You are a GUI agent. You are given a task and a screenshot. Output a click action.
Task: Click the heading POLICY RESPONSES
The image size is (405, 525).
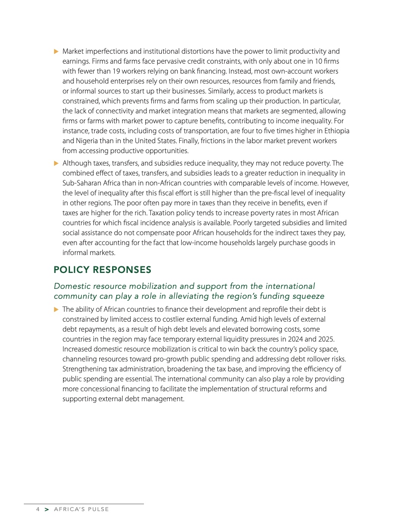102,270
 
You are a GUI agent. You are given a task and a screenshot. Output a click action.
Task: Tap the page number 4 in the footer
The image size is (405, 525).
37,510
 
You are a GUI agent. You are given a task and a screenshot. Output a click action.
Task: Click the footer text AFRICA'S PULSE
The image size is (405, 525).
82,510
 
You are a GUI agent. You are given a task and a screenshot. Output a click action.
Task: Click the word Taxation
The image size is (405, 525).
201,213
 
